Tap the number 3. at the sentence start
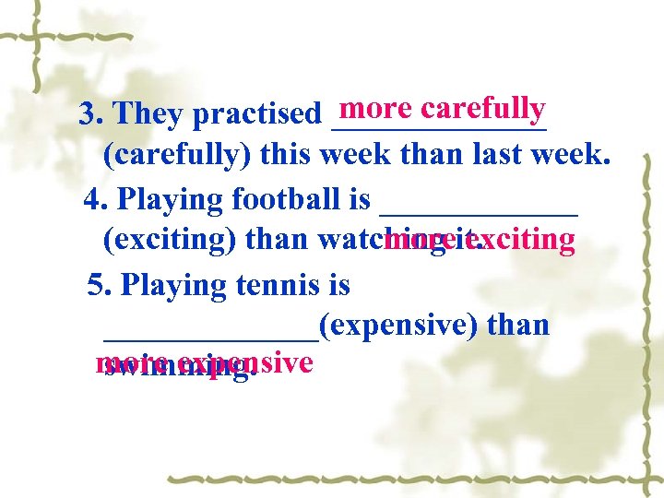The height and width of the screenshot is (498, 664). [x=90, y=115]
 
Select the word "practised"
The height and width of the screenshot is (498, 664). [x=261, y=116]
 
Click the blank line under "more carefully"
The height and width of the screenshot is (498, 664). [x=438, y=128]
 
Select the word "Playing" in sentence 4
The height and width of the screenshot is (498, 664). [x=172, y=200]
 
